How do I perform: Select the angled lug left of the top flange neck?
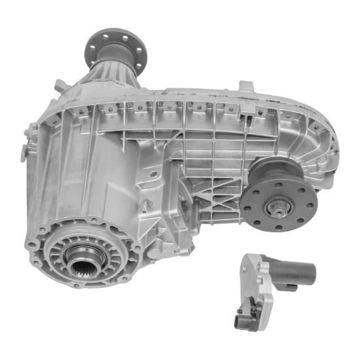60,85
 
